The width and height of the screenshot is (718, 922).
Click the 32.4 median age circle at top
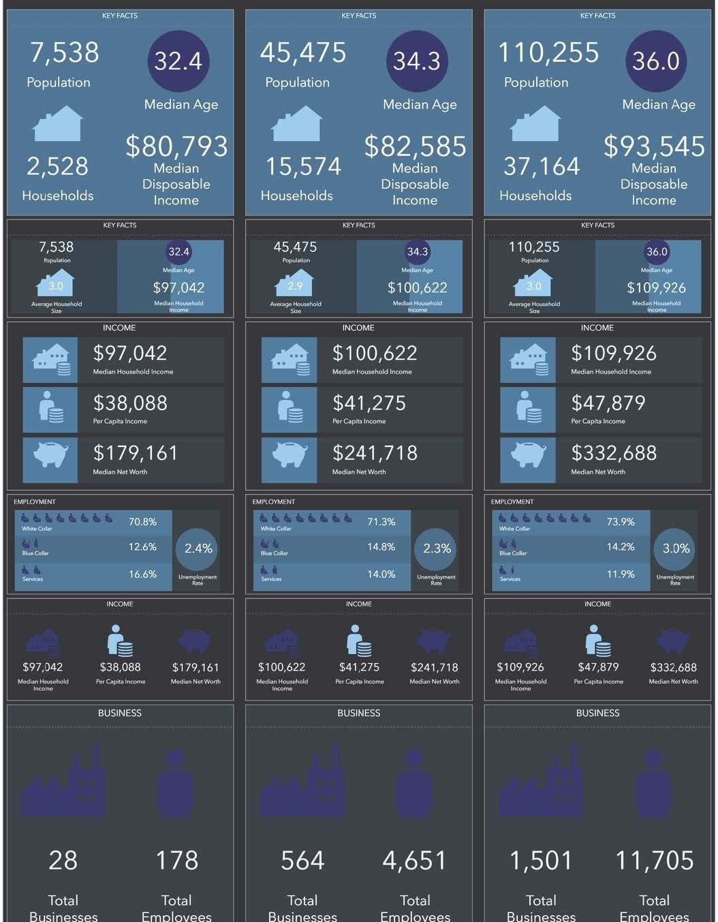pyautogui.click(x=178, y=61)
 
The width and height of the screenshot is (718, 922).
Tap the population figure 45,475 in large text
pyautogui.click(x=303, y=52)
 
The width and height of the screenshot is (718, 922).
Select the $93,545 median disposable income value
pyautogui.click(x=655, y=147)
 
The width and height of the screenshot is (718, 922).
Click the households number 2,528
pyautogui.click(x=58, y=166)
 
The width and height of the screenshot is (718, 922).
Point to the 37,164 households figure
pyautogui.click(x=542, y=166)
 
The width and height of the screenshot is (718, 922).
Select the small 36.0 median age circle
pyautogui.click(x=657, y=251)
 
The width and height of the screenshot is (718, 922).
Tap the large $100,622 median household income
pyautogui.click(x=375, y=353)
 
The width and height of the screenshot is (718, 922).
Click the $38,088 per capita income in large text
pyautogui.click(x=130, y=403)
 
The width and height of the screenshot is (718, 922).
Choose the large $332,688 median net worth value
pyautogui.click(x=614, y=452)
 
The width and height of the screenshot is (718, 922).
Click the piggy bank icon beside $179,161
pyautogui.click(x=50, y=455)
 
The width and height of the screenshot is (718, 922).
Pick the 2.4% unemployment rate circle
pyautogui.click(x=198, y=549)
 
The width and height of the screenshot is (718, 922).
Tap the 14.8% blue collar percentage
pyautogui.click(x=381, y=547)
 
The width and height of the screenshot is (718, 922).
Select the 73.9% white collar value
pyautogui.click(x=621, y=522)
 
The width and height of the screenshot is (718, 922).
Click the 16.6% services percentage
pyautogui.click(x=142, y=574)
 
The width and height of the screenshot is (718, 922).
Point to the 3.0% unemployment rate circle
pyautogui.click(x=676, y=549)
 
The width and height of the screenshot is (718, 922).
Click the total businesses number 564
pyautogui.click(x=302, y=861)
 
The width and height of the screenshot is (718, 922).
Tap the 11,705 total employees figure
pyautogui.click(x=655, y=861)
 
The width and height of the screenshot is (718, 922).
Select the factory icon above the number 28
pyautogui.click(x=63, y=780)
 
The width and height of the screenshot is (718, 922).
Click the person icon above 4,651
pyautogui.click(x=414, y=783)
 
